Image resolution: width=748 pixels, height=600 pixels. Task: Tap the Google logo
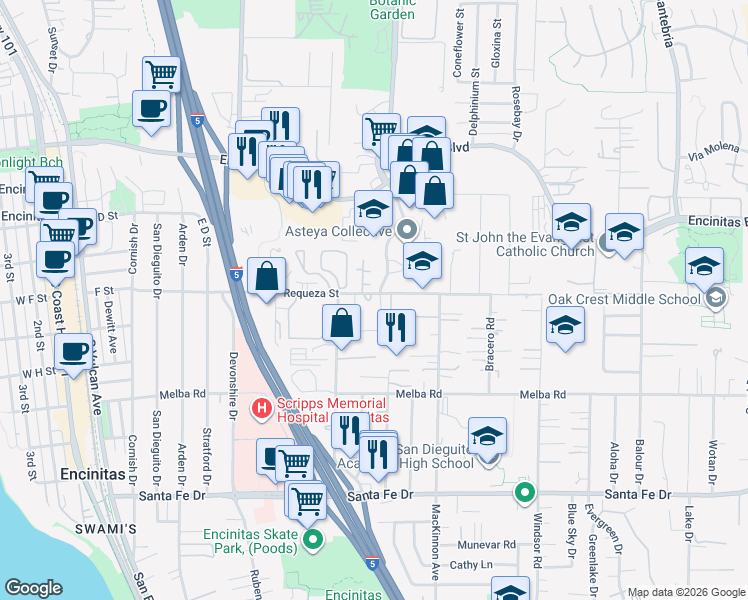point(34,588)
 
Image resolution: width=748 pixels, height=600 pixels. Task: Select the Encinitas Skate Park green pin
point(313,540)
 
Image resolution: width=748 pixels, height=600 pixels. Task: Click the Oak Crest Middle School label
point(623,299)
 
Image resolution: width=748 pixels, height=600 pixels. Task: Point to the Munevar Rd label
point(487,545)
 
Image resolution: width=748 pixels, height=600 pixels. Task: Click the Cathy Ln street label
point(473,565)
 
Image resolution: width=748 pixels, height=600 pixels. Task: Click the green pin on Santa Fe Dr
point(524,492)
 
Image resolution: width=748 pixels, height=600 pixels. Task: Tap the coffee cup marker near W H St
point(72,353)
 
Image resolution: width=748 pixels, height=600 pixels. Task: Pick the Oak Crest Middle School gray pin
point(716,298)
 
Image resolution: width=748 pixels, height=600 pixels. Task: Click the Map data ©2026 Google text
point(685,592)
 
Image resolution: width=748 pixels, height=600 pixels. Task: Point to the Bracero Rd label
point(491,342)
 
